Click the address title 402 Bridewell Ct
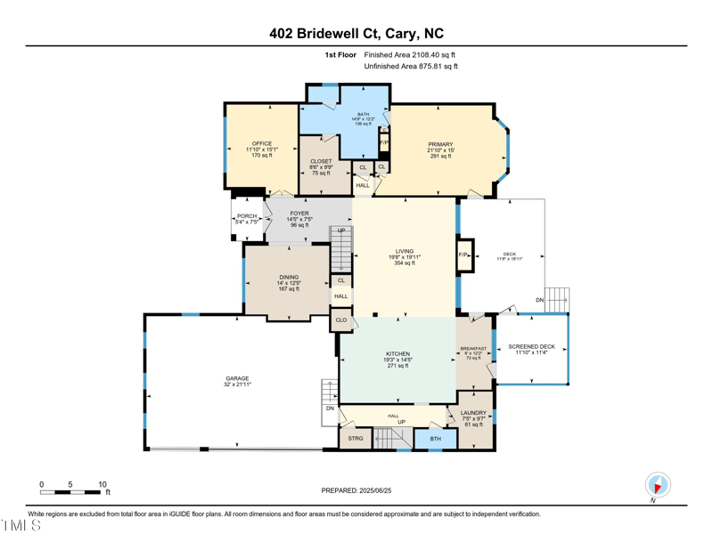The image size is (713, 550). (356, 34)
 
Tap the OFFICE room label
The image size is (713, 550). (261, 143)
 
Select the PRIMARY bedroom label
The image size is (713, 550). (440, 144)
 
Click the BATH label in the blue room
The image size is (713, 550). (364, 115)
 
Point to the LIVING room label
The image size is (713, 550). (405, 251)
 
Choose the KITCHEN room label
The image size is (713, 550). (397, 353)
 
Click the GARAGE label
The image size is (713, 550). (237, 378)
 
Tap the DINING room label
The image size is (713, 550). (289, 277)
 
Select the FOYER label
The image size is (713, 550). (299, 214)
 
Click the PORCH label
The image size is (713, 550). (247, 216)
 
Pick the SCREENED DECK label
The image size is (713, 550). (531, 346)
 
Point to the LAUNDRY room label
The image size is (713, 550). (473, 413)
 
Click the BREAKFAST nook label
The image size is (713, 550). (473, 349)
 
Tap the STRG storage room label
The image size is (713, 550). (356, 438)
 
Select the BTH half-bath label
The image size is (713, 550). (435, 438)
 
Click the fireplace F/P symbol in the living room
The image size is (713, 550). (463, 255)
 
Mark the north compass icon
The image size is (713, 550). (658, 485)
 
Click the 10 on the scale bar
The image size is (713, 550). (102, 485)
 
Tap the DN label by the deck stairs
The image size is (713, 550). (540, 301)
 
